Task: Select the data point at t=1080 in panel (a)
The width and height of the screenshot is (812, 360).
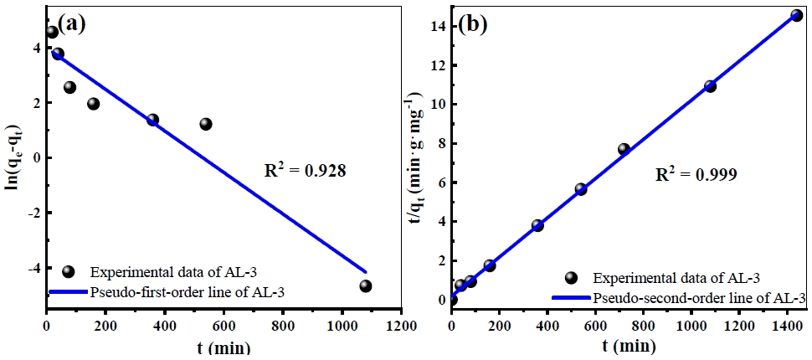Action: coord(366,285)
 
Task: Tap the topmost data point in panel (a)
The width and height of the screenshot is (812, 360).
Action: coord(52,32)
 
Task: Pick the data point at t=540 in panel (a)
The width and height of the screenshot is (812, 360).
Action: coord(206,124)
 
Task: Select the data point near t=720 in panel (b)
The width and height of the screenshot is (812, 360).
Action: coord(624,149)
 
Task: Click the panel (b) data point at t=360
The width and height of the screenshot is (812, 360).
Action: coord(537,225)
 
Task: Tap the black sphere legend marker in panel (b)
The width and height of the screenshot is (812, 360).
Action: coord(572,278)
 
